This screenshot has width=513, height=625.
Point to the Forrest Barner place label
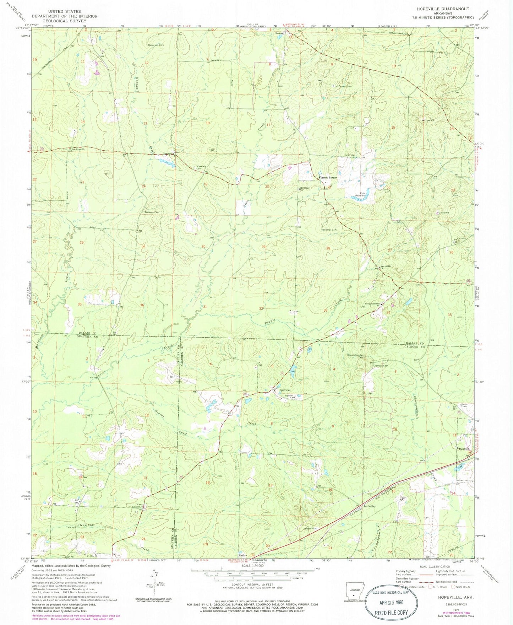pyautogui.click(x=327, y=177)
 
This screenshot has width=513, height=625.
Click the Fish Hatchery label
pyautogui.click(x=361, y=196)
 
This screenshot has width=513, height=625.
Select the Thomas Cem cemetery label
pyautogui.click(x=329, y=230)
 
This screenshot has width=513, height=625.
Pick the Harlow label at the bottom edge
pyautogui.click(x=243, y=555)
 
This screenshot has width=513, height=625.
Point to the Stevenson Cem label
pyautogui.click(x=155, y=45)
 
